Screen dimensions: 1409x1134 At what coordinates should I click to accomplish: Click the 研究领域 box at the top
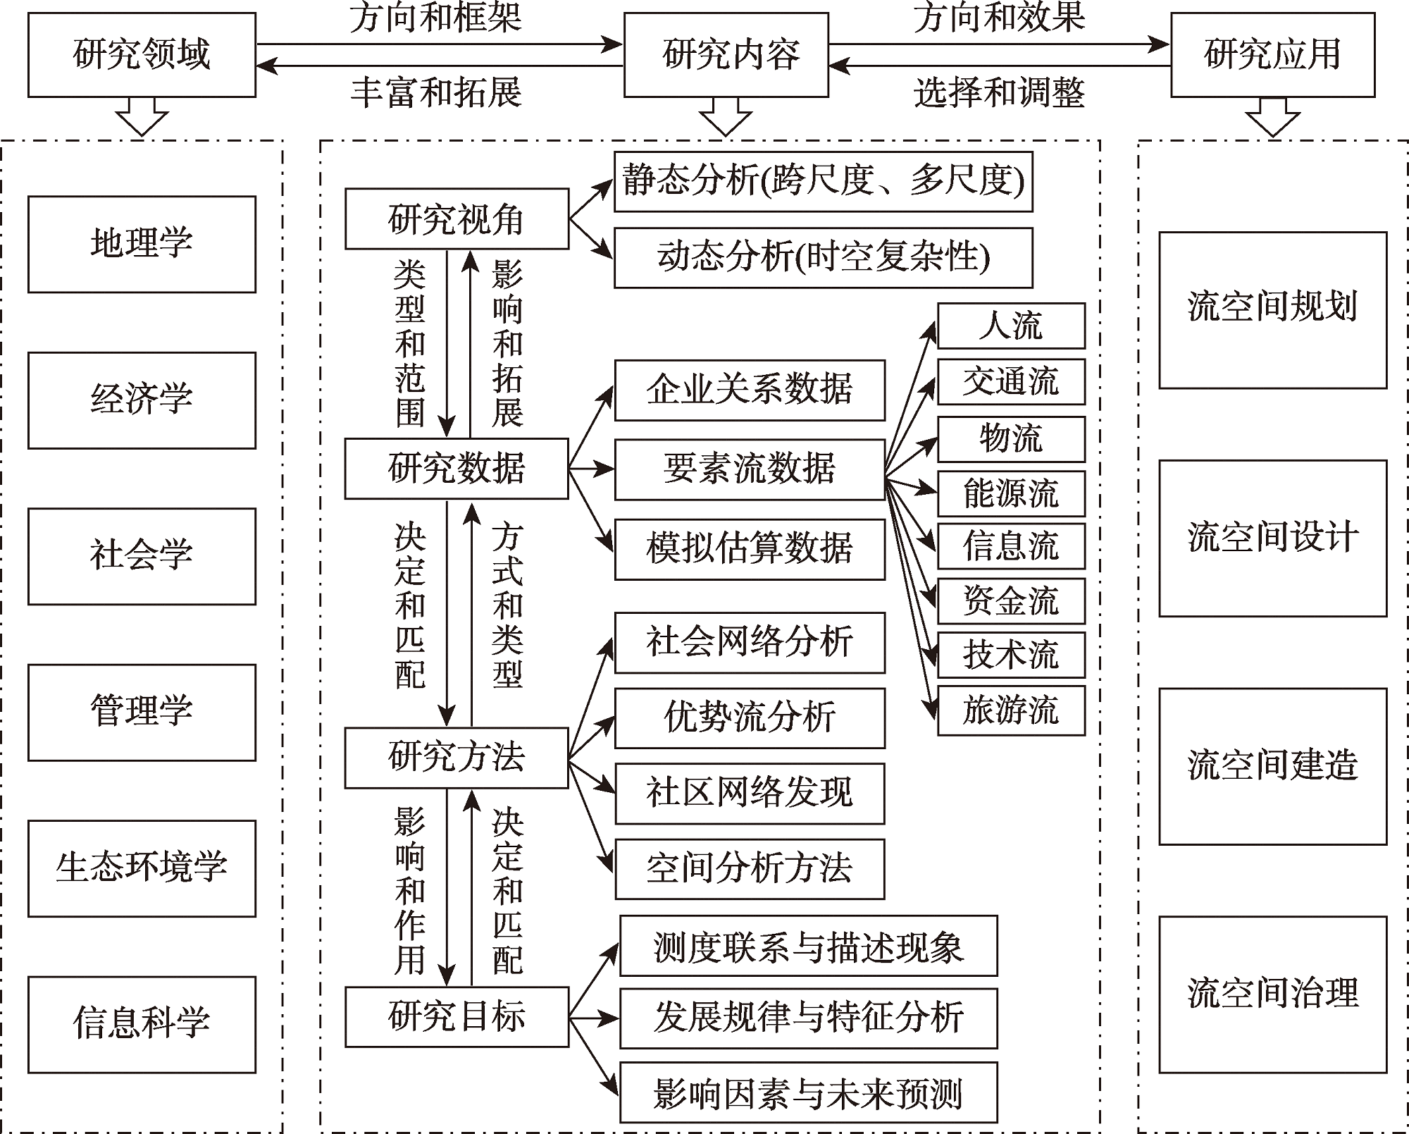pyautogui.click(x=142, y=55)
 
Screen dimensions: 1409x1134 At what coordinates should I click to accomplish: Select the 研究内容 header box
pyautogui.click(x=726, y=55)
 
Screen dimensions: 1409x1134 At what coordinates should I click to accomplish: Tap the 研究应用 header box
pyautogui.click(x=1273, y=55)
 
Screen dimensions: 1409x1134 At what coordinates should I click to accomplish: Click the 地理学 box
pyautogui.click(x=142, y=244)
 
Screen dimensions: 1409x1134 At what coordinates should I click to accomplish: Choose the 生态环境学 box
pyautogui.click(x=142, y=868)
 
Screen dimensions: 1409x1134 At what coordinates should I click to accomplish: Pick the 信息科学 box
pyautogui.click(x=142, y=1025)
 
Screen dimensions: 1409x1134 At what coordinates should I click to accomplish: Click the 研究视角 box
pyautogui.click(x=457, y=218)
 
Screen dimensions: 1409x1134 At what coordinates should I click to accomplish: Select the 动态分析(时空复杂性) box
pyautogui.click(x=824, y=257)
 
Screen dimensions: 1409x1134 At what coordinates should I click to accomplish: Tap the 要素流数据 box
pyautogui.click(x=750, y=469)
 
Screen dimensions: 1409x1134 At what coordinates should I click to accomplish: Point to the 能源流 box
pyautogui.click(x=1011, y=493)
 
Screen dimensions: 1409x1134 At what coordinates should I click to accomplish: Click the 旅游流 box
pyautogui.click(x=1011, y=710)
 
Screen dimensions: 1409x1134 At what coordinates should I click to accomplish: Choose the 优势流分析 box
pyautogui.click(x=750, y=718)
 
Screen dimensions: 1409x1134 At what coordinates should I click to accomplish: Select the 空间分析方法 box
pyautogui.click(x=750, y=869)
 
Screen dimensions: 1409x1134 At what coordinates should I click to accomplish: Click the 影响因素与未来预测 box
pyautogui.click(x=809, y=1092)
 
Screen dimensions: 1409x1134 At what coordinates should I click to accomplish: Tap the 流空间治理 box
pyautogui.click(x=1273, y=994)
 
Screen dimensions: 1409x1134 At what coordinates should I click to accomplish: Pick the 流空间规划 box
pyautogui.click(x=1273, y=310)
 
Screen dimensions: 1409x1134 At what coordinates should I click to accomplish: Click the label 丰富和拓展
pyautogui.click(x=437, y=92)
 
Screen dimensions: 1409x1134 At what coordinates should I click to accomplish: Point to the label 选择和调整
pyautogui.click(x=999, y=92)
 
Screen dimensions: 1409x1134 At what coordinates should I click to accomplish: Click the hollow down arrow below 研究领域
pyautogui.click(x=142, y=116)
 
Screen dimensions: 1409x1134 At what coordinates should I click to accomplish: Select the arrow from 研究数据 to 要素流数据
pyautogui.click(x=592, y=469)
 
